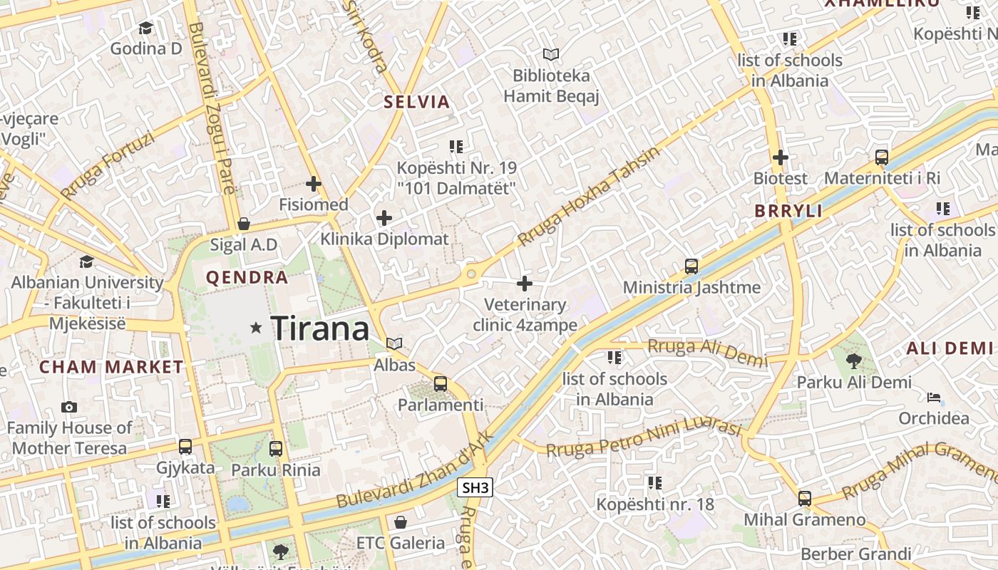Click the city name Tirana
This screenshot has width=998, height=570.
[320, 328]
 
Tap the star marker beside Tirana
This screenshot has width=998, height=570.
[256, 328]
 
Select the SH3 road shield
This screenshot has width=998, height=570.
[475, 488]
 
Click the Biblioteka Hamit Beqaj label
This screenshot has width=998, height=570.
[551, 85]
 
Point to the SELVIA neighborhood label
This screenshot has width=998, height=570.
[417, 102]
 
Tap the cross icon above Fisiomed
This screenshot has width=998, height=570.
[313, 184]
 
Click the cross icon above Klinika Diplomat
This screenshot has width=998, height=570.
[384, 217]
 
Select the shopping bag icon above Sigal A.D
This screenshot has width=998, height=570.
[244, 224]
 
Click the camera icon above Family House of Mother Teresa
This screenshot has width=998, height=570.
[69, 408]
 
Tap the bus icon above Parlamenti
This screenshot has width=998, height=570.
[441, 384]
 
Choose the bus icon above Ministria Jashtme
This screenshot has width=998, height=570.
[691, 266]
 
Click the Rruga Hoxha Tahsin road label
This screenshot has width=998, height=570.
[589, 197]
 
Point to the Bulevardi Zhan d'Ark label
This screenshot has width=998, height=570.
[413, 471]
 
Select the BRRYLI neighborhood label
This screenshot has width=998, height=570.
[788, 211]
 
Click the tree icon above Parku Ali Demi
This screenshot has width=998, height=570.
[853, 361]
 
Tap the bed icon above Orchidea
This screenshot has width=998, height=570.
[934, 397]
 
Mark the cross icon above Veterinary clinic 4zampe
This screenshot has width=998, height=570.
[525, 284]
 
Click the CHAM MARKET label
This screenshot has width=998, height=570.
[111, 367]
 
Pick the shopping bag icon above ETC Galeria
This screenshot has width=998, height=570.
[401, 522]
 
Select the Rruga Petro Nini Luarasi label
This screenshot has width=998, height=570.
[644, 437]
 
